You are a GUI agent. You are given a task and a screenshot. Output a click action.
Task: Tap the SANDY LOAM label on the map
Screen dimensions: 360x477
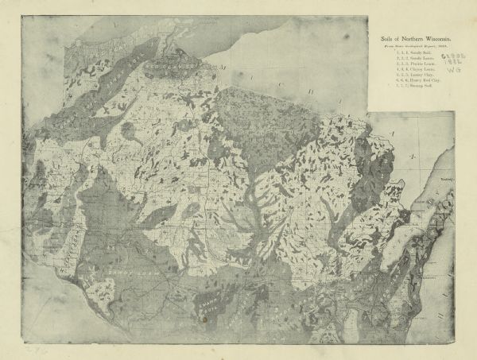coord(119,272)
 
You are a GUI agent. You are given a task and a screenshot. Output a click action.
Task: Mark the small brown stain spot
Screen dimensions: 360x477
coord(205,317)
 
